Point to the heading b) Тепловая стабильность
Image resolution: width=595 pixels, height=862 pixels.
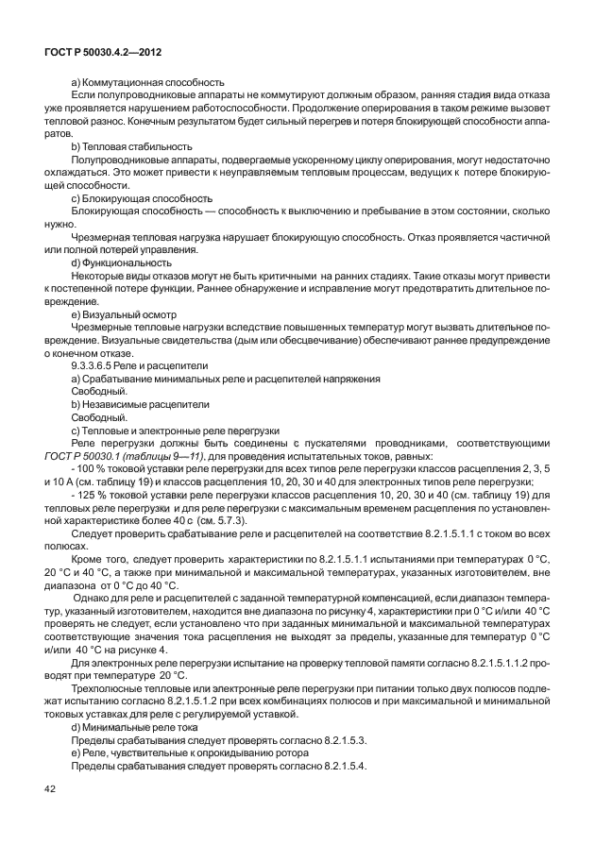point(132,146)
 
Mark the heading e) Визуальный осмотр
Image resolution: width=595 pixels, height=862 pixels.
point(124,309)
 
